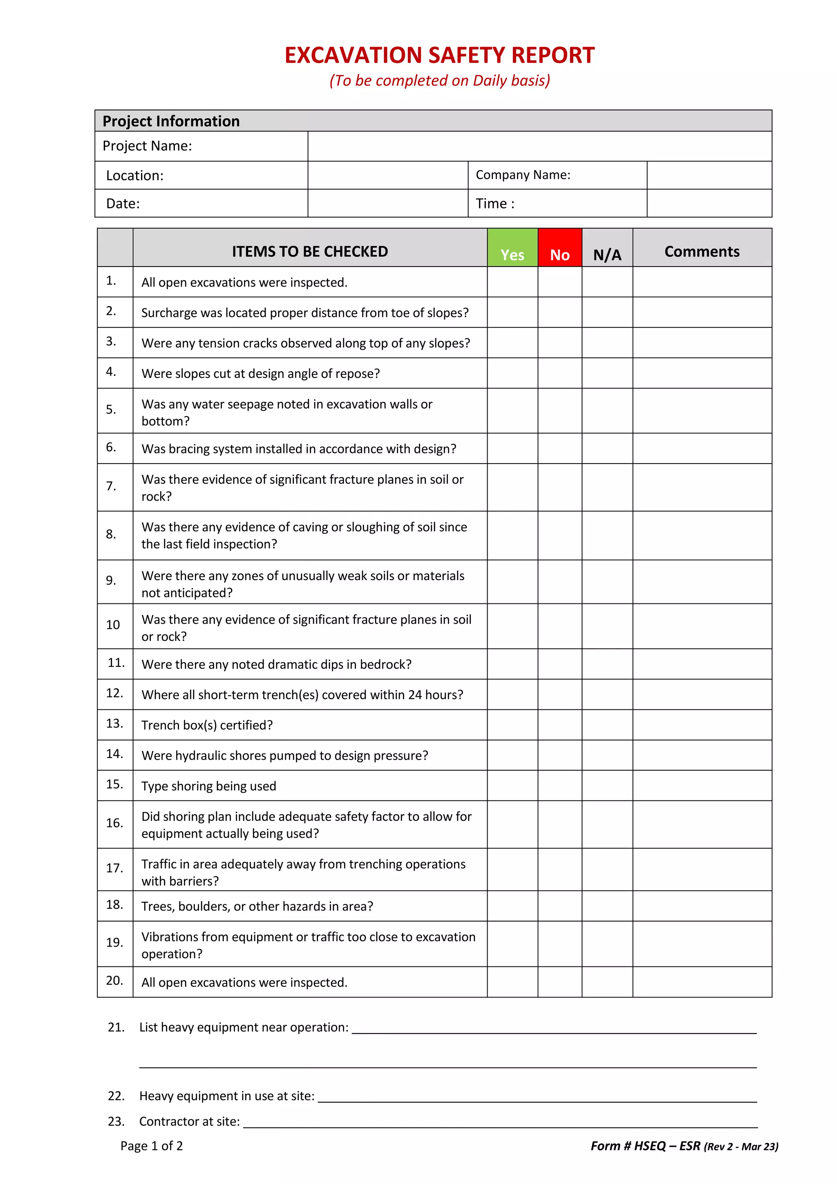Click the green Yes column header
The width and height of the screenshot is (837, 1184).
[512, 249]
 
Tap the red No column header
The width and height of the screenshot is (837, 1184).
[560, 249]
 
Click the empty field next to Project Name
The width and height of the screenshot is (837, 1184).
[539, 146]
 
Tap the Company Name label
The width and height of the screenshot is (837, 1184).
[523, 175]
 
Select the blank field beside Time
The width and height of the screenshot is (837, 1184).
[709, 203]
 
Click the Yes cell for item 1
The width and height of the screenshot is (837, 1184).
[512, 282]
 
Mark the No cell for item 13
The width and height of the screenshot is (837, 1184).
[560, 724]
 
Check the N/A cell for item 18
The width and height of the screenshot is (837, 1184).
[607, 906]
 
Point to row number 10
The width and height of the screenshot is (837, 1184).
[113, 625]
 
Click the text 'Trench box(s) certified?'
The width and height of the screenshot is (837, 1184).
[207, 725]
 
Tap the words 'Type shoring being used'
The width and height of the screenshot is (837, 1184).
[209, 786]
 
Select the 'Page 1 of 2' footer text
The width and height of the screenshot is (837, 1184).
[152, 1146]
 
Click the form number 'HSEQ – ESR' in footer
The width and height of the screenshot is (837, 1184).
[667, 1146]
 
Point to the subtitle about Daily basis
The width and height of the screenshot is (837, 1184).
[440, 81]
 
